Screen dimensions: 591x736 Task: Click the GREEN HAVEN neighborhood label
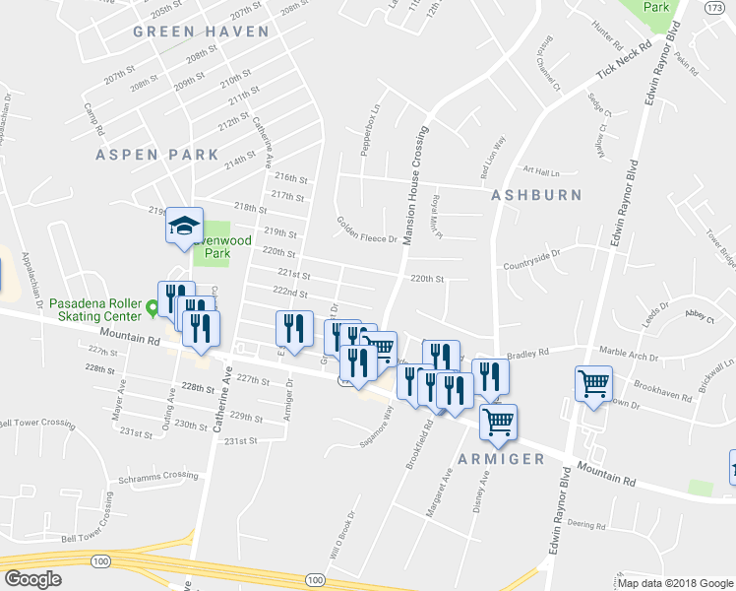pyautogui.click(x=201, y=32)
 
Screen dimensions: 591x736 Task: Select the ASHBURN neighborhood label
pyautogui.click(x=536, y=195)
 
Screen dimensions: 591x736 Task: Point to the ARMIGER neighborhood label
pyautogui.click(x=501, y=459)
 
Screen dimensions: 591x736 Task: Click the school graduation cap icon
pyautogui.click(x=184, y=227)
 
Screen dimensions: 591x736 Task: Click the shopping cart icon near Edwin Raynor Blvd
pyautogui.click(x=594, y=384)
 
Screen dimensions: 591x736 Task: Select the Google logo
pyautogui.click(x=34, y=578)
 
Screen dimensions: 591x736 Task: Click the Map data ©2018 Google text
pyautogui.click(x=674, y=583)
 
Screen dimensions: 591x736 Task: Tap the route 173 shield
pyautogui.click(x=715, y=8)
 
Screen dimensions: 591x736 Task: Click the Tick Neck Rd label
pyautogui.click(x=625, y=61)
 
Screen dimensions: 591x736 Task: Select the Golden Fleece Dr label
pyautogui.click(x=366, y=230)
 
